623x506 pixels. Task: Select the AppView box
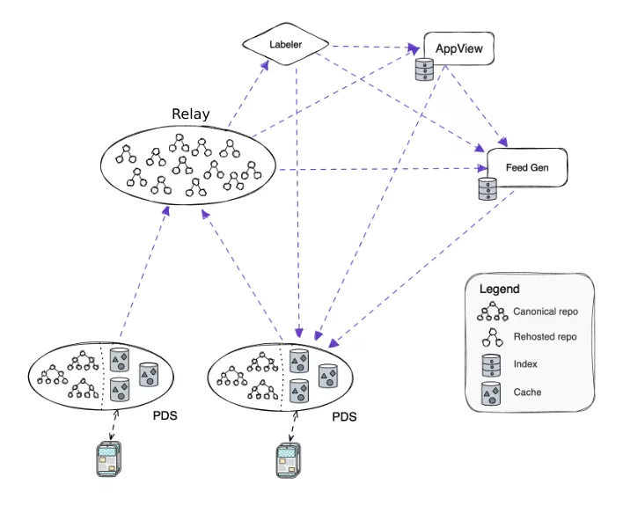coord(458,49)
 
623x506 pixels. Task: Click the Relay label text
coord(191,114)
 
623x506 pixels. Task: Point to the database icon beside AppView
coord(425,70)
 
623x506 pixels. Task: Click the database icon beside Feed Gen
coord(485,190)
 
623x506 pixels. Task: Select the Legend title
coord(499,289)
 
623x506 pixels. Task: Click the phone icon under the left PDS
coord(107,460)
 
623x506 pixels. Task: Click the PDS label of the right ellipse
coord(344,416)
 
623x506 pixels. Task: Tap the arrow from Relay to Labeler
coord(246,97)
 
